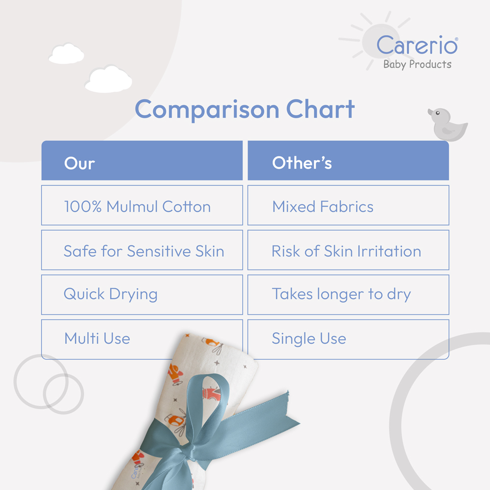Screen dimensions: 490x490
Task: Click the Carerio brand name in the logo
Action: point(417,45)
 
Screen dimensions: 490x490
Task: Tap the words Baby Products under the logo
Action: point(417,64)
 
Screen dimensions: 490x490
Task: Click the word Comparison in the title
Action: point(207,110)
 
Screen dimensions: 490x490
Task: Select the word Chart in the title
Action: point(320,109)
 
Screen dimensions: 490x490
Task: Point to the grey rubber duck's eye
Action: point(438,113)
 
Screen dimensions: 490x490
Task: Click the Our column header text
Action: point(79,164)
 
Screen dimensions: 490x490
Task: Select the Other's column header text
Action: point(302,163)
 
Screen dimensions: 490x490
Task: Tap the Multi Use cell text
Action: point(97,339)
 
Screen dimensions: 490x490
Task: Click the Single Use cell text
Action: point(309,339)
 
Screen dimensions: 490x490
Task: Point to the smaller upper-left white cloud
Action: point(67,54)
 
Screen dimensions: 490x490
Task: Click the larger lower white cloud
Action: point(108,79)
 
